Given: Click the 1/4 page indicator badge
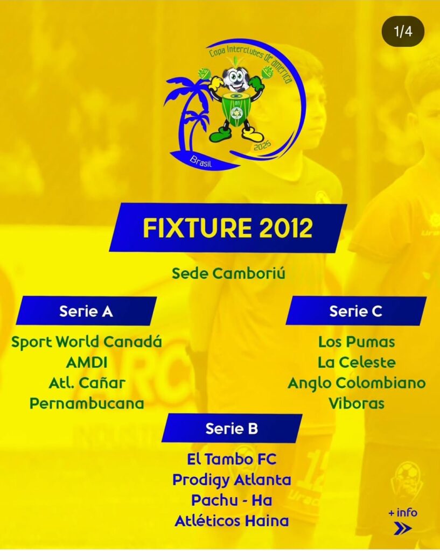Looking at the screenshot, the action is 403,32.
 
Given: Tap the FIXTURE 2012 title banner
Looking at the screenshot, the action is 228,228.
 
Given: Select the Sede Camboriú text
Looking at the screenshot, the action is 228,273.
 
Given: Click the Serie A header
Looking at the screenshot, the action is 86,311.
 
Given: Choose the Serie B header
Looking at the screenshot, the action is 232,428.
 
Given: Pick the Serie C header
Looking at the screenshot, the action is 356,311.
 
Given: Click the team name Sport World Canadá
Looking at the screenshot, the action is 87,342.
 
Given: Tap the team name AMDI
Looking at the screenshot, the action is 87,362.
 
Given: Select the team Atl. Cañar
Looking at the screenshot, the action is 87,383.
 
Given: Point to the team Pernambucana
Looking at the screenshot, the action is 87,404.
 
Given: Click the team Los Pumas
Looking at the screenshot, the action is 357,342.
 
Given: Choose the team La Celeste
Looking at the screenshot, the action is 357,362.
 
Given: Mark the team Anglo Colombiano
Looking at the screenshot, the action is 357,383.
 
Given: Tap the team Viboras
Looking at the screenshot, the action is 357,404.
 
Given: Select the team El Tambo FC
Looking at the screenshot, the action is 232,460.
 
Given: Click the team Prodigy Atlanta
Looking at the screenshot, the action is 232,480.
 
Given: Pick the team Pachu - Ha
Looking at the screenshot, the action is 232,500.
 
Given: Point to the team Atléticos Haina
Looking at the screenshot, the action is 232,521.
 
